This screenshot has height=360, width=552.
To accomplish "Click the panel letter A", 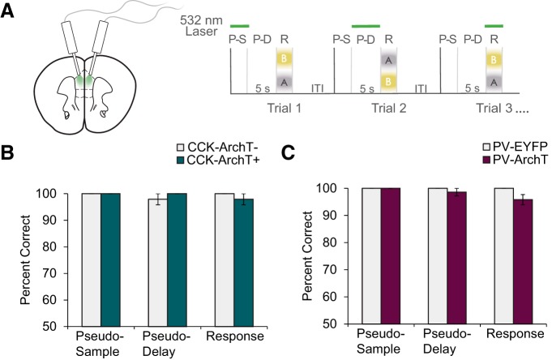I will (9, 10).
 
